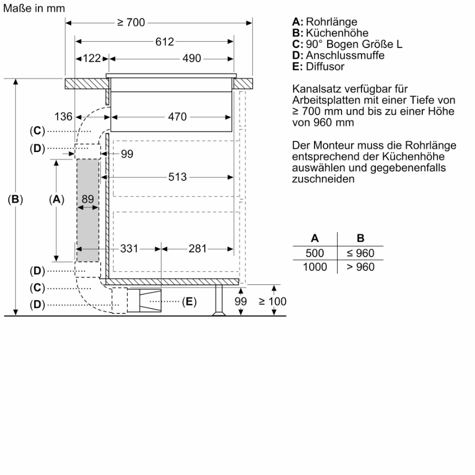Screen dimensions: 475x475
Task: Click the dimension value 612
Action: pyautogui.click(x=165, y=42)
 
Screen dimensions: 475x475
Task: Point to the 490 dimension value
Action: pyautogui.click(x=192, y=59)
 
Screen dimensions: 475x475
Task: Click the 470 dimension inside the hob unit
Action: pyautogui.click(x=177, y=117)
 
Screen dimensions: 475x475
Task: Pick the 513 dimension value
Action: pyautogui.click(x=177, y=177)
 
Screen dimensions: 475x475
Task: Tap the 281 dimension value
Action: pyautogui.click(x=197, y=249)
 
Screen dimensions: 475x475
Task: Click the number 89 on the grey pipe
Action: pyautogui.click(x=88, y=199)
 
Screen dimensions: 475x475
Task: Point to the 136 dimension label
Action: pyautogui.click(x=63, y=117)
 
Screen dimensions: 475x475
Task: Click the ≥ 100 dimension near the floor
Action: pyautogui.click(x=272, y=301)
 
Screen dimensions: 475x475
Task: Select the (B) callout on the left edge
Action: pyautogui.click(x=16, y=199)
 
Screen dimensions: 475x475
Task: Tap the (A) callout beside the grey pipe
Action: pyautogui.click(x=56, y=199)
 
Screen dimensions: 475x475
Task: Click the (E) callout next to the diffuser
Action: pyautogui.click(x=189, y=302)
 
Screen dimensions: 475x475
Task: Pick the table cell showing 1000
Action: pyautogui.click(x=315, y=267)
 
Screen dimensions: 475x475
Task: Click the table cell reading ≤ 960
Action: pyautogui.click(x=360, y=253)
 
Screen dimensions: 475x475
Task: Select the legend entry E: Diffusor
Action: pyautogui.click(x=318, y=66)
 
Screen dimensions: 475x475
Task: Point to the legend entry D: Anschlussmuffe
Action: pyautogui.click(x=338, y=55)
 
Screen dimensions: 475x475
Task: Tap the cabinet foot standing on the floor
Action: pyautogui.click(x=218, y=301)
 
